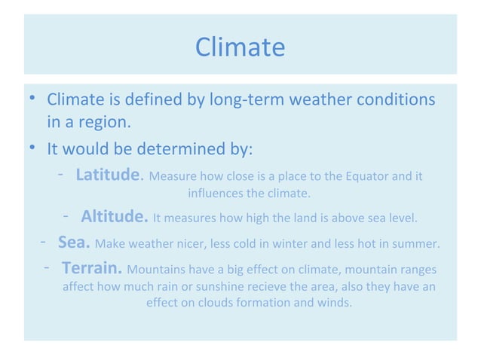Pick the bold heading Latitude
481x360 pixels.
109,175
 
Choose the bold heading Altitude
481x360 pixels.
114,218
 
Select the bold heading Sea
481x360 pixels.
74,244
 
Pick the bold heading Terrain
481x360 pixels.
92,269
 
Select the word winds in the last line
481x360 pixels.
335,304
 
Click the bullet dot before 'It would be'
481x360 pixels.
32,148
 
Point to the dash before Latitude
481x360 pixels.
60,175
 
